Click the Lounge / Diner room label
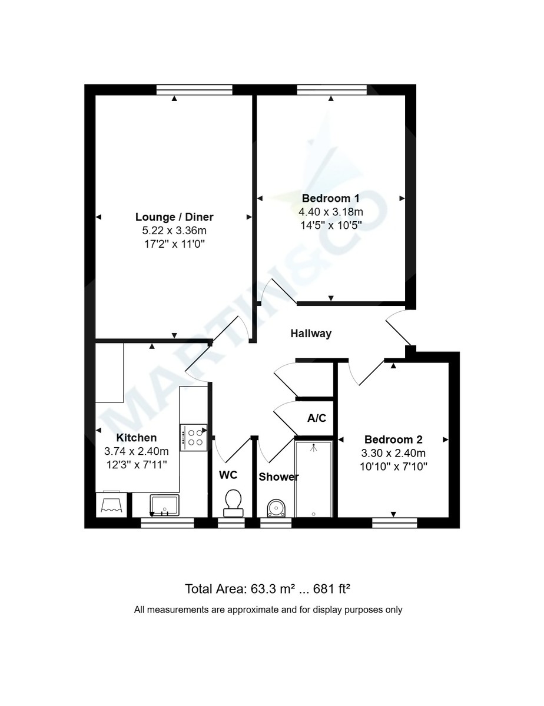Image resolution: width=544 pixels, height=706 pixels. (174, 217)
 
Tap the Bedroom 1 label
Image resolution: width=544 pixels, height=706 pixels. (331, 198)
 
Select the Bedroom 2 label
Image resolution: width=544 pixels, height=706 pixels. (393, 439)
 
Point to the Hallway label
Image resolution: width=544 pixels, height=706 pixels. (311, 334)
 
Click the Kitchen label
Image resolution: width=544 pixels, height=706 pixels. (137, 438)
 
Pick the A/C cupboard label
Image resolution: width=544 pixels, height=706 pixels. (317, 418)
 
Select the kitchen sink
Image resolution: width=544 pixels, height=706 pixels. (164, 504)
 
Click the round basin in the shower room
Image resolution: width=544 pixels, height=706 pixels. (276, 507)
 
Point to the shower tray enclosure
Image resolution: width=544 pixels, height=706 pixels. (313, 478)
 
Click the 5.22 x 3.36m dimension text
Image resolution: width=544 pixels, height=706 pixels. (174, 230)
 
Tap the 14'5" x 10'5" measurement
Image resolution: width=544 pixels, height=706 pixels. (331, 224)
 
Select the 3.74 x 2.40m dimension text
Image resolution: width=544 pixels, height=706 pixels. (137, 451)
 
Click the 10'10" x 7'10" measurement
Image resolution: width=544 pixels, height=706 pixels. (393, 466)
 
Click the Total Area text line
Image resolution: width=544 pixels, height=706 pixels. (268, 588)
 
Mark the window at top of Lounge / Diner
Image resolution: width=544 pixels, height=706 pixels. (194, 89)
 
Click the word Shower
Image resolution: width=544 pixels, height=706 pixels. (279, 477)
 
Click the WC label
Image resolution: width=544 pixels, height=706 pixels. (228, 474)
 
